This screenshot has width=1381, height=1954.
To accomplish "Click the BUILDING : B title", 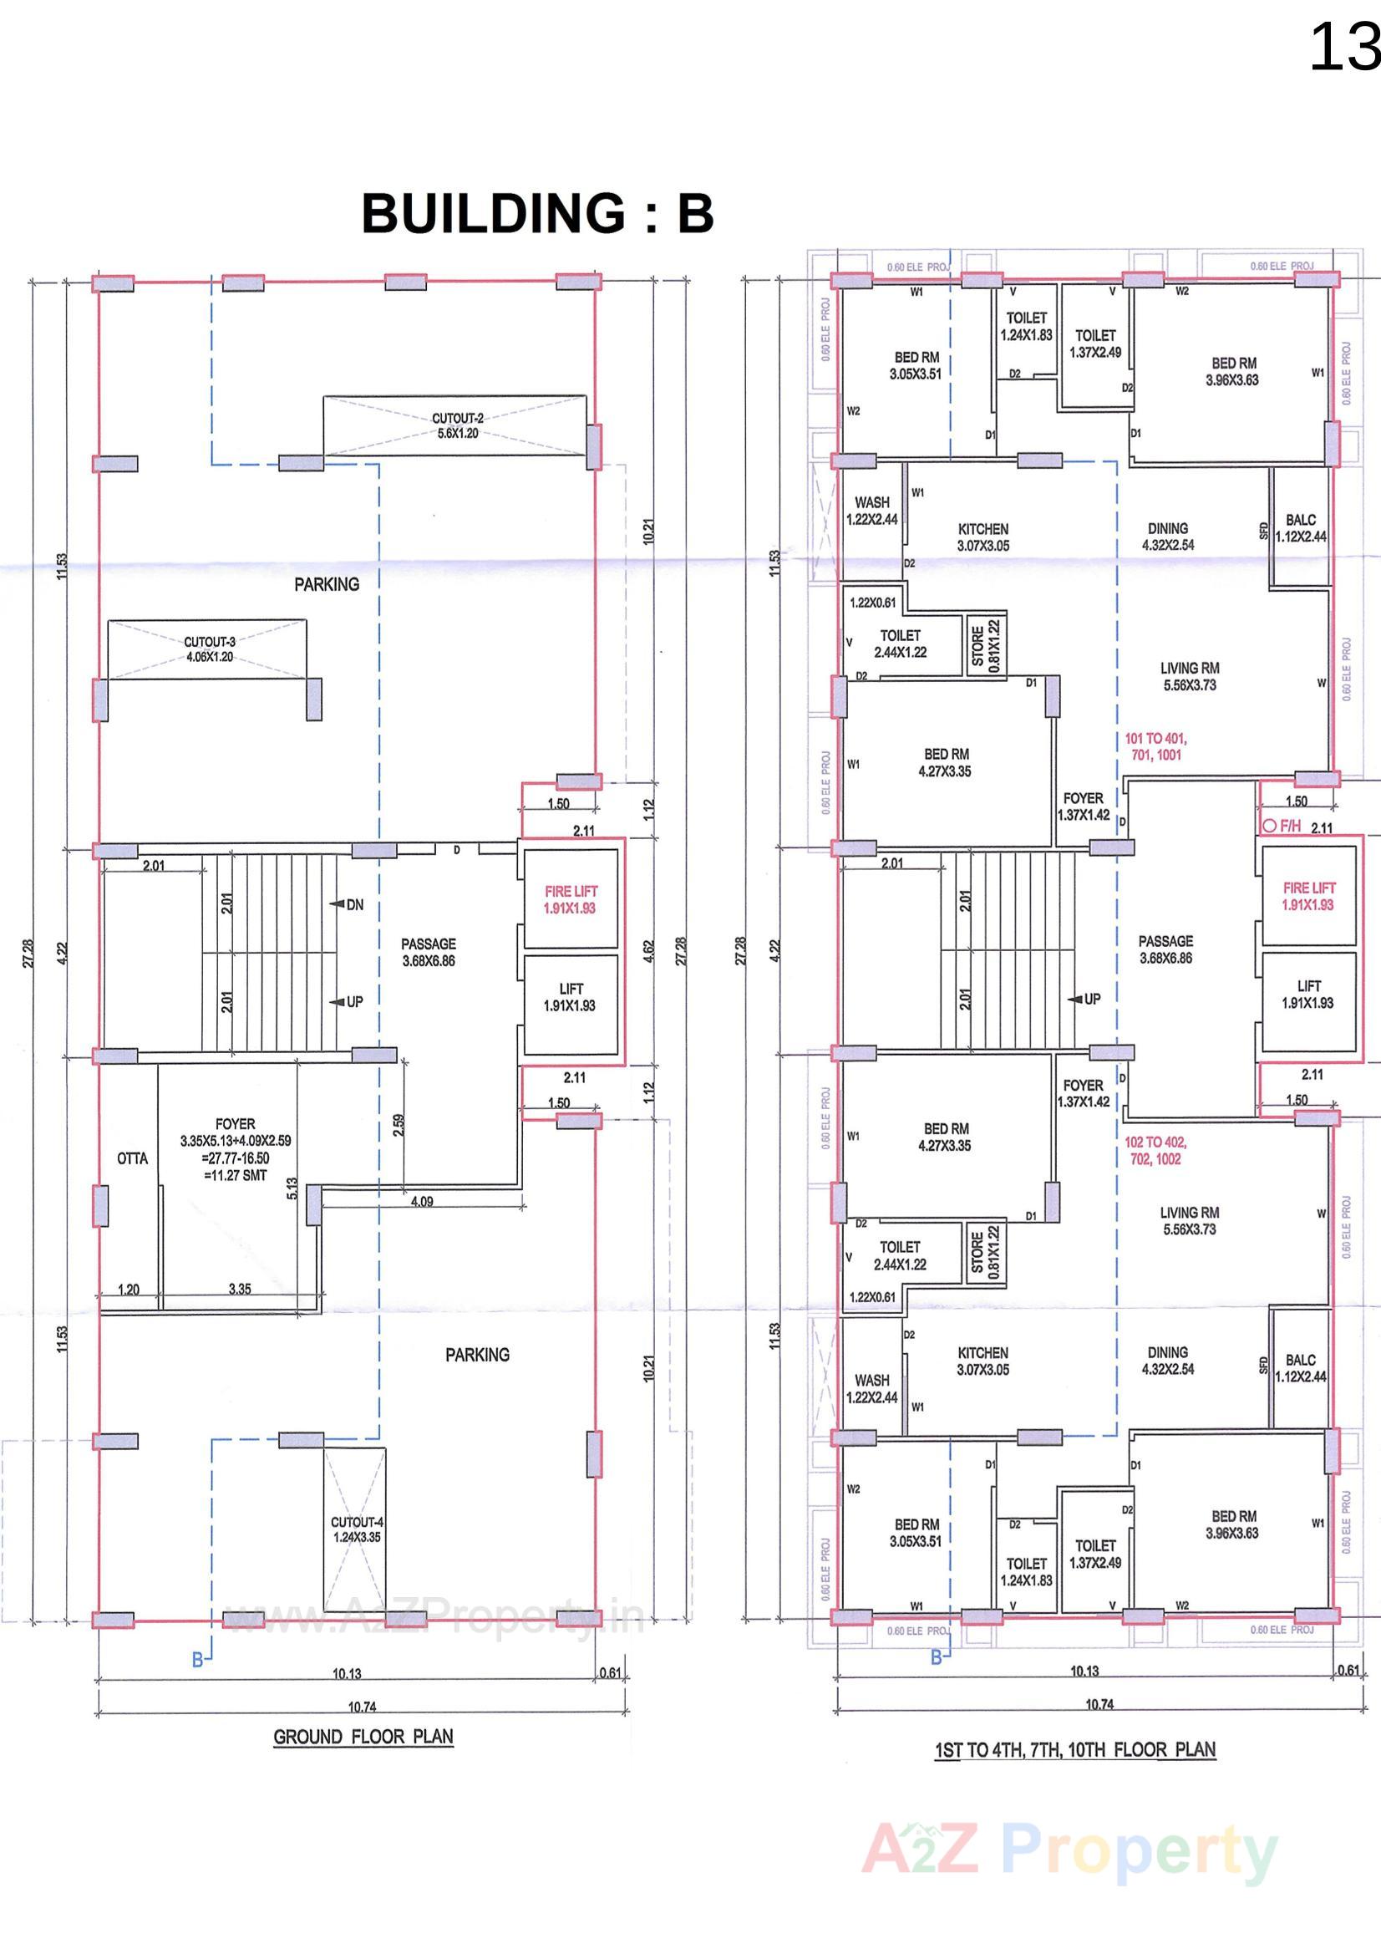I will tap(537, 214).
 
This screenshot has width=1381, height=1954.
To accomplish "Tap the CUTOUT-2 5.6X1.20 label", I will tap(457, 425).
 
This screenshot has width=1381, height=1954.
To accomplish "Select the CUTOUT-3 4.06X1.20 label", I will tap(210, 649).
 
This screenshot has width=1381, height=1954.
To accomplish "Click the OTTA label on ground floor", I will tap(132, 1158).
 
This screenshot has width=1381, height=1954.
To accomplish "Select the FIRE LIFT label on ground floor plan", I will tap(571, 899).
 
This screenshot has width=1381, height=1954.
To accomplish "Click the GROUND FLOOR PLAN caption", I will tap(363, 1737).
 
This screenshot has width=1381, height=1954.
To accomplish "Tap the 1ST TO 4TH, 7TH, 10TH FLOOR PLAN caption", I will tap(1074, 1750).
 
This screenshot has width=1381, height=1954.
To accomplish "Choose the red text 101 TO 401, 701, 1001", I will tap(1155, 746).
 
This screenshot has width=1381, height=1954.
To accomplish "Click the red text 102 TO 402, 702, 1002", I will tap(1155, 1151).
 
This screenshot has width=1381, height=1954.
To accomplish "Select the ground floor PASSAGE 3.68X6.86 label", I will tap(429, 952).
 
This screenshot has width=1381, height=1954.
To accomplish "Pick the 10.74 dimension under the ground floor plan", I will tap(362, 1707).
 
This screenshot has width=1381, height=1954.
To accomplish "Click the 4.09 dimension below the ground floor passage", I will tap(422, 1202).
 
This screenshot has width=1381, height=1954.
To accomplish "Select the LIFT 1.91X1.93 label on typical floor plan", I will tap(1308, 994).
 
